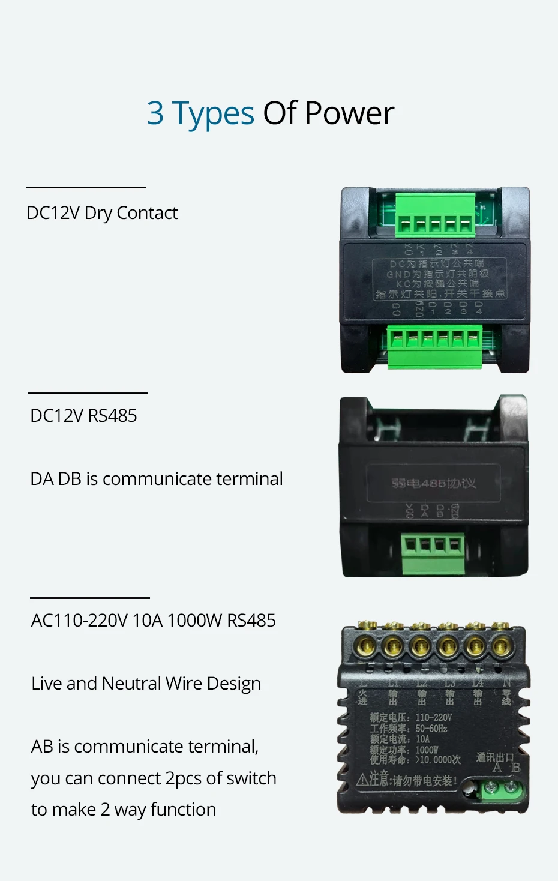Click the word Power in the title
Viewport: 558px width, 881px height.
(x=349, y=113)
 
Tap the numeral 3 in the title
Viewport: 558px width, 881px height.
(x=155, y=113)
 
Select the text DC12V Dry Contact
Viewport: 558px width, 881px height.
(x=102, y=213)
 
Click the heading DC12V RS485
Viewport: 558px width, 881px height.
(x=83, y=416)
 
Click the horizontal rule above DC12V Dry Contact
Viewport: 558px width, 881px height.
(x=86, y=188)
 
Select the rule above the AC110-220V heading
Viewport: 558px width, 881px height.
(x=90, y=598)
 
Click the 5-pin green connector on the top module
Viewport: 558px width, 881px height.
(x=435, y=217)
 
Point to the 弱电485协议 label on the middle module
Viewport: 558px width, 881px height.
(x=433, y=483)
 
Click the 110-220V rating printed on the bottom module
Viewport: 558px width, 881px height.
(x=433, y=718)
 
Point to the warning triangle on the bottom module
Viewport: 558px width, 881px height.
(x=362, y=780)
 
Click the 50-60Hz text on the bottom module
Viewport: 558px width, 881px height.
(x=431, y=729)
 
